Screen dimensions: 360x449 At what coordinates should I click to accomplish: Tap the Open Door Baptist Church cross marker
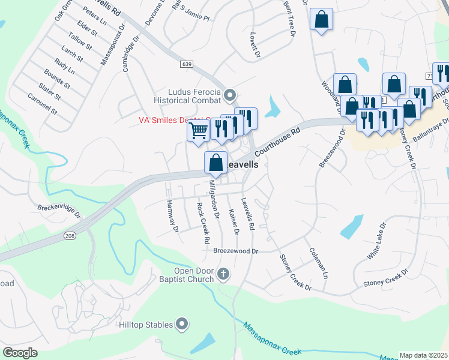(x=223, y=274)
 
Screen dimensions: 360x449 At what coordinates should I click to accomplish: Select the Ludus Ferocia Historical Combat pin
(x=230, y=95)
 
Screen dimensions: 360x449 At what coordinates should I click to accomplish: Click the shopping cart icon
(x=199, y=130)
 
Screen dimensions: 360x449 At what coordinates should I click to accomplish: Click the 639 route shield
(x=185, y=63)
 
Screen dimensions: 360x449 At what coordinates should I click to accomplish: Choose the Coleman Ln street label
(x=318, y=262)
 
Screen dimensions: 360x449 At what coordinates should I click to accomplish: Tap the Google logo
(x=20, y=352)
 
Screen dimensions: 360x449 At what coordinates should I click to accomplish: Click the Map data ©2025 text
(x=424, y=355)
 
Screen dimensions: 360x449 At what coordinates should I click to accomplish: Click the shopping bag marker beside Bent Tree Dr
(x=322, y=19)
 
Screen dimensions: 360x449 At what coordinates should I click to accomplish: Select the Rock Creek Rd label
(x=203, y=223)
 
